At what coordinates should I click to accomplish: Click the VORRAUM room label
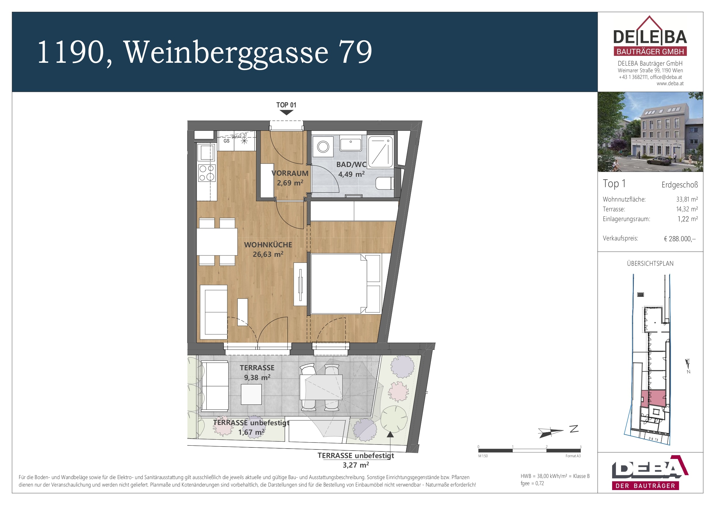click(290, 173)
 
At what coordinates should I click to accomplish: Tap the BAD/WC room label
click(351, 165)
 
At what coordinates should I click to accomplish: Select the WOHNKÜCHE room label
click(268, 245)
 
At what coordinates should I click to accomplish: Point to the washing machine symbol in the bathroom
click(323, 147)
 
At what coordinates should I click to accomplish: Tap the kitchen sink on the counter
click(206, 153)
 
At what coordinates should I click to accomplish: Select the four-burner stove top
click(206, 173)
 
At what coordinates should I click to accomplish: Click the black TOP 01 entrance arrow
click(286, 113)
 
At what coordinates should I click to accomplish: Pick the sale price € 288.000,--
click(680, 239)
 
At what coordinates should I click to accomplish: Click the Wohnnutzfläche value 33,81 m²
click(687, 199)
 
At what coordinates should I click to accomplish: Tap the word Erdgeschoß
click(680, 185)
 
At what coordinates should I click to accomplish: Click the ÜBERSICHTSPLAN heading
click(650, 263)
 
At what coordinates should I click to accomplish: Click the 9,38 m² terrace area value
click(257, 377)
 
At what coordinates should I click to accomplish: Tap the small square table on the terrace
click(251, 394)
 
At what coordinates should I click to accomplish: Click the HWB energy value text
click(555, 476)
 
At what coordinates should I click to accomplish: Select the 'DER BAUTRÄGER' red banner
click(645, 486)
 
